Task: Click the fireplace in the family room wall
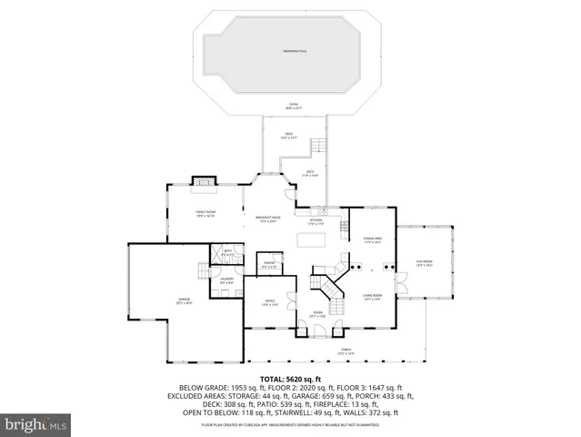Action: click(x=202, y=185)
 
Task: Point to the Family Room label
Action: click(x=204, y=214)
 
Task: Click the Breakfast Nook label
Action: click(x=267, y=219)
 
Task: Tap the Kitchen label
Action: click(x=316, y=221)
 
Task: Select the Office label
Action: click(x=270, y=302)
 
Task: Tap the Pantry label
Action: click(x=270, y=265)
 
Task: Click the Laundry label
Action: click(x=227, y=279)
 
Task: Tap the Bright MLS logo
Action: click(x=36, y=424)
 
